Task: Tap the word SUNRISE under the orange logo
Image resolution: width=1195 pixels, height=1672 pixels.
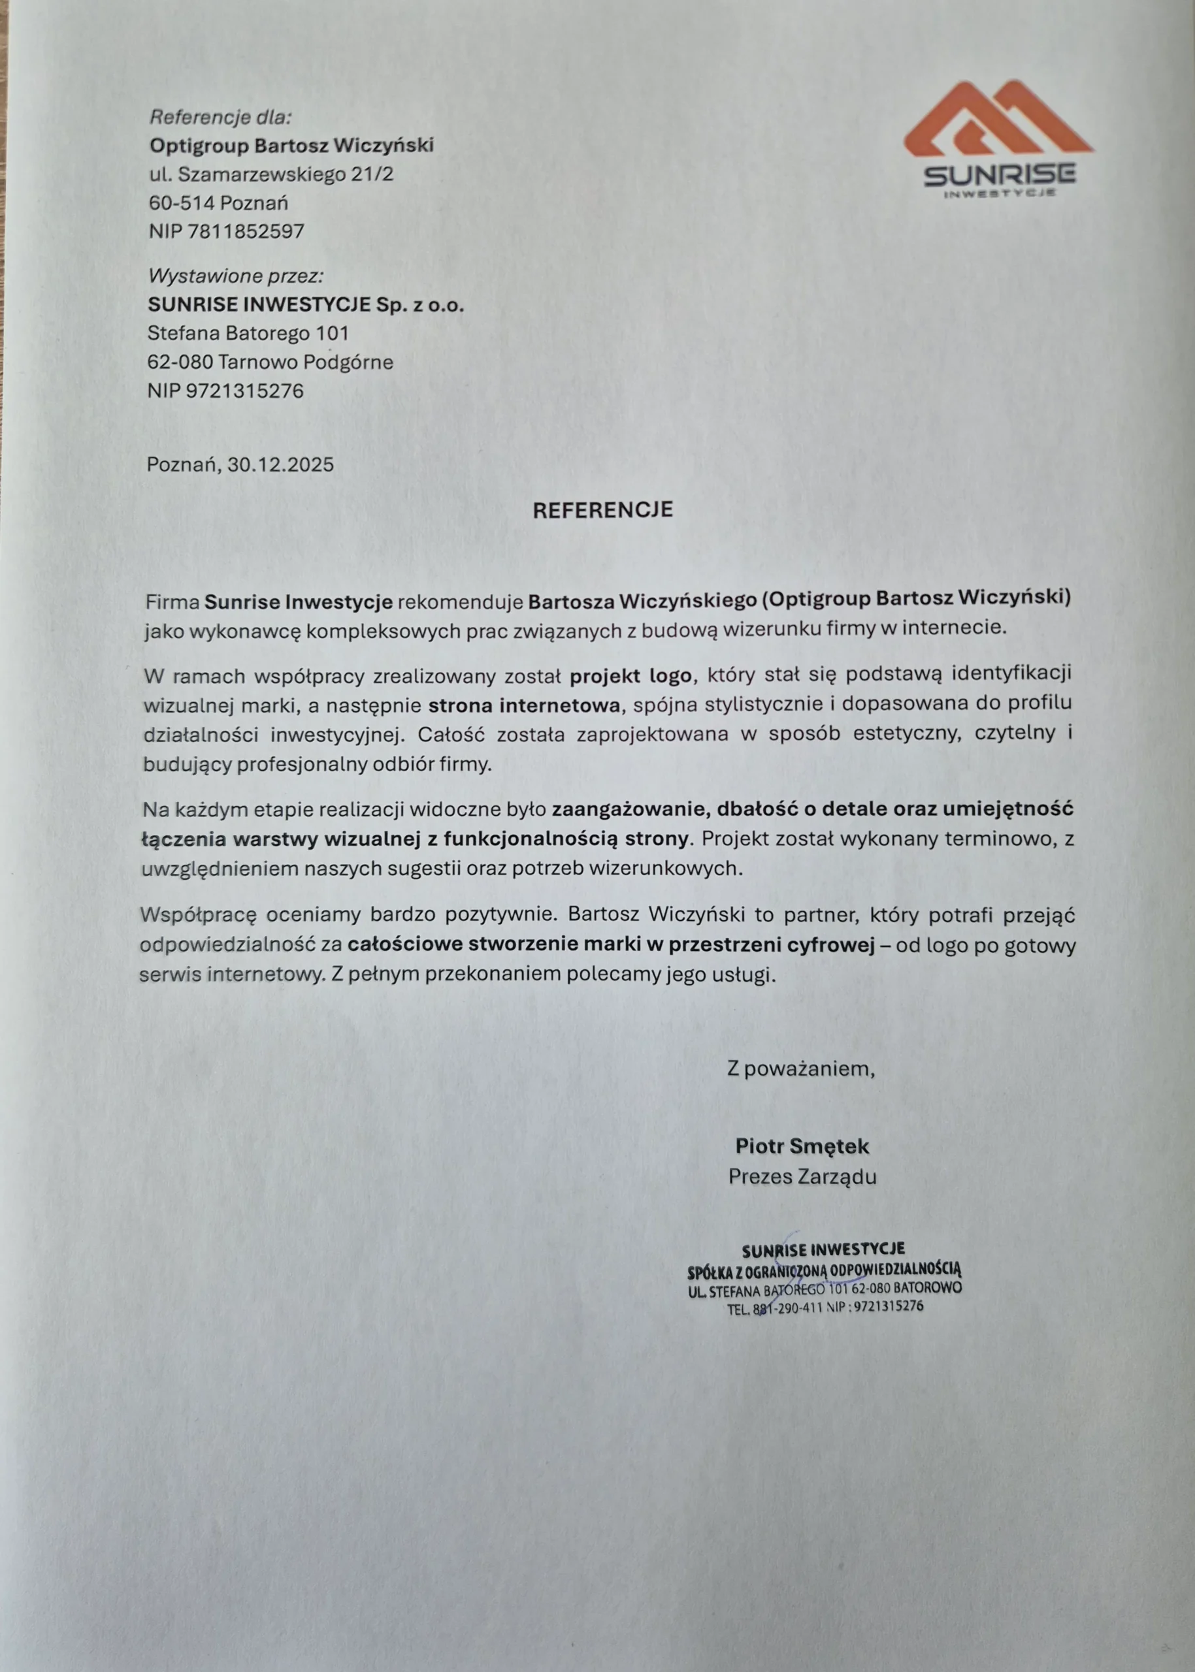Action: pyautogui.click(x=999, y=174)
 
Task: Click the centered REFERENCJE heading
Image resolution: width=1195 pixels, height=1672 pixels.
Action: pyautogui.click(x=602, y=510)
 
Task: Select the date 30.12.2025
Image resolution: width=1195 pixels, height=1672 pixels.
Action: pyautogui.click(x=280, y=464)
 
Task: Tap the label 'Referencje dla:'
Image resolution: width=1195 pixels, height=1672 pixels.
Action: pyautogui.click(x=221, y=117)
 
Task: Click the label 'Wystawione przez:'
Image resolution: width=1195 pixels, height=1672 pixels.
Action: pyautogui.click(x=235, y=276)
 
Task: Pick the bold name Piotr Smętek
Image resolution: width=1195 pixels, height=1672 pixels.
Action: pyautogui.click(x=802, y=1146)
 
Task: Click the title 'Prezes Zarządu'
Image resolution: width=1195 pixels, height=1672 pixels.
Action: pyautogui.click(x=802, y=1177)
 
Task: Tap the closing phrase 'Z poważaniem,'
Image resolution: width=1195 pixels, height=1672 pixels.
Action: pyautogui.click(x=801, y=1068)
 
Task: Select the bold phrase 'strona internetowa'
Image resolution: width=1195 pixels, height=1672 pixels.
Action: pyautogui.click(x=524, y=705)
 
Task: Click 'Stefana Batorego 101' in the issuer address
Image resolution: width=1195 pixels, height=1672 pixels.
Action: pyautogui.click(x=248, y=333)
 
